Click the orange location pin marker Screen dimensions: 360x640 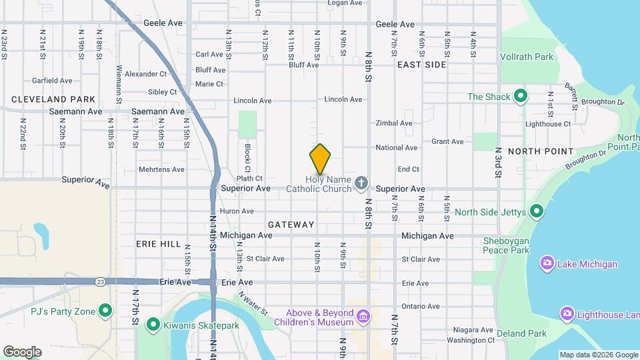[320, 159]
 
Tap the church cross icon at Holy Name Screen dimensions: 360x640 [361, 183]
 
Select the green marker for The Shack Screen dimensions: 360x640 [521, 97]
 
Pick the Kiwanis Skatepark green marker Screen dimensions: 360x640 [153, 325]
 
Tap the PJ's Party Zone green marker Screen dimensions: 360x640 [105, 311]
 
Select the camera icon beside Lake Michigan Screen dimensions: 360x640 [547, 264]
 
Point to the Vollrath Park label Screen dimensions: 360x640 [527, 57]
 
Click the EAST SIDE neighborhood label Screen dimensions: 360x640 [421, 65]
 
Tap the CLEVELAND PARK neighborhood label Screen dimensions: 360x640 [53, 99]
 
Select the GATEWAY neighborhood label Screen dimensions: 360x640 [291, 225]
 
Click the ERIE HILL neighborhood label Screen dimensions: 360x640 [159, 244]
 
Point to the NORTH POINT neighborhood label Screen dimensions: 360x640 [541, 151]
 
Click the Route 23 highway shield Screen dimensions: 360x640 [99, 281]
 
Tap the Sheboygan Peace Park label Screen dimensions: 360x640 [506, 245]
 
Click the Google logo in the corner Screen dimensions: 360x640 [22, 351]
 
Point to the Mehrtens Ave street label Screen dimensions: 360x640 [161, 169]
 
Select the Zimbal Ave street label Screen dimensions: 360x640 [394, 123]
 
